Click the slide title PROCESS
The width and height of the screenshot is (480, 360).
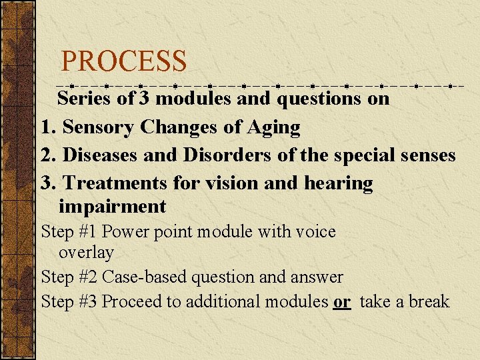123,62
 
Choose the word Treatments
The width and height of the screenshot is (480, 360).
117,182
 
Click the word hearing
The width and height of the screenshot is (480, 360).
341,182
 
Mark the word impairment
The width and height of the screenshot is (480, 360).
112,206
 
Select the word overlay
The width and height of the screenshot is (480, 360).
86,253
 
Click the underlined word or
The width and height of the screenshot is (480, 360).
342,301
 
